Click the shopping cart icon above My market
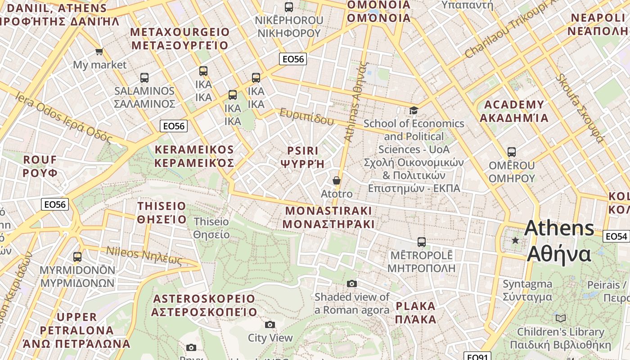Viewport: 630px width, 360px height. (x=99, y=52)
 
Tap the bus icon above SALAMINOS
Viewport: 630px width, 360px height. (x=144, y=77)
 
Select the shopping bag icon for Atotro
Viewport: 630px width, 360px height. (x=336, y=180)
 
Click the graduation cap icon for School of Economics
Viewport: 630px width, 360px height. (x=413, y=110)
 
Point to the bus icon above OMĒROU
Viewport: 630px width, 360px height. (x=512, y=152)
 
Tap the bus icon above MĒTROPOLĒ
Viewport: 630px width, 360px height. (x=421, y=242)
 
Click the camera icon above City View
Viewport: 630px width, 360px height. (x=270, y=324)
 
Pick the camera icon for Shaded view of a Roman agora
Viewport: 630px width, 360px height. (x=352, y=283)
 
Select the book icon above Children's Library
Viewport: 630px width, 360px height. (x=560, y=319)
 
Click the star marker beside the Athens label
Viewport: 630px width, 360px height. (x=515, y=241)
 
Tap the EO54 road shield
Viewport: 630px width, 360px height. (x=616, y=236)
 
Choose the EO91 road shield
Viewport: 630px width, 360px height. (x=477, y=357)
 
